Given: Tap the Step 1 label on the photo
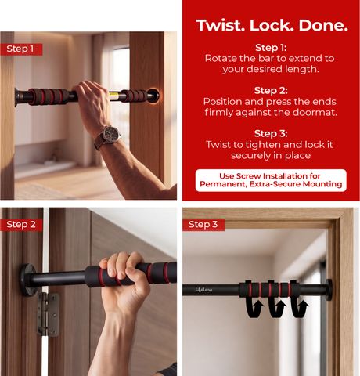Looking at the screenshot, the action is pos(21,49).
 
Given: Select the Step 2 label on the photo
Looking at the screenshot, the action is pos(21,225).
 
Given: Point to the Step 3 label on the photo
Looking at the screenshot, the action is pos(203,225).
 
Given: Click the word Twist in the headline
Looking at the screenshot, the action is pos(221,26).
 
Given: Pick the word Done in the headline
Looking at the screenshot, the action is pos(323,26).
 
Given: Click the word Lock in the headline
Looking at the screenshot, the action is pos(272,26).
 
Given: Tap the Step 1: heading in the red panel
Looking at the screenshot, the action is pos(271,48).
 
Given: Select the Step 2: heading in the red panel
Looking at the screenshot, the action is pos(271,91).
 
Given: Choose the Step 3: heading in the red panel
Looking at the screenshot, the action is pos(271,133).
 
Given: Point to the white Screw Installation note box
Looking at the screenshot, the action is pos(271,180).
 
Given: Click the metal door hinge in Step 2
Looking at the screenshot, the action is pos(49,314).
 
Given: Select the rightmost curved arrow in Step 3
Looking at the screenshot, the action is pos(299,308).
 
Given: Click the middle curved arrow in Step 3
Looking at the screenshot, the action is pos(277,308).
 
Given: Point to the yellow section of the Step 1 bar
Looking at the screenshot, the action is pos(114,96).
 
